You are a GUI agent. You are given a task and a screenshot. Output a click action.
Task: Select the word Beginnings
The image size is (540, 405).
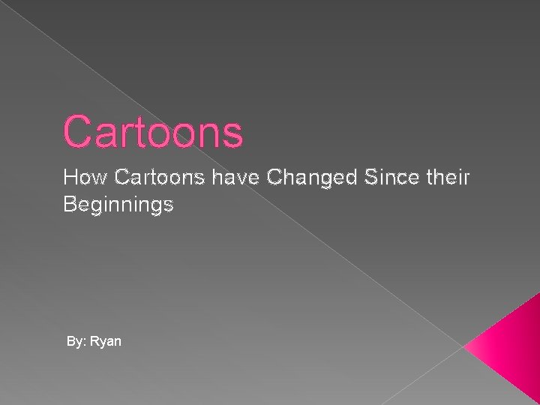118,205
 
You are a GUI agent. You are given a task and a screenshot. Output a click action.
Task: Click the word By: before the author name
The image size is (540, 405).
76,342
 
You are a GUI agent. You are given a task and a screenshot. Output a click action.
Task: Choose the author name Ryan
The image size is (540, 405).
106,342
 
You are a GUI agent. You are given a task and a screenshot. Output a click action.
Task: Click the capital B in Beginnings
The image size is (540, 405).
70,203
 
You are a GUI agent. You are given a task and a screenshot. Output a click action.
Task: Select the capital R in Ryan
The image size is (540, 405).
95,341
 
